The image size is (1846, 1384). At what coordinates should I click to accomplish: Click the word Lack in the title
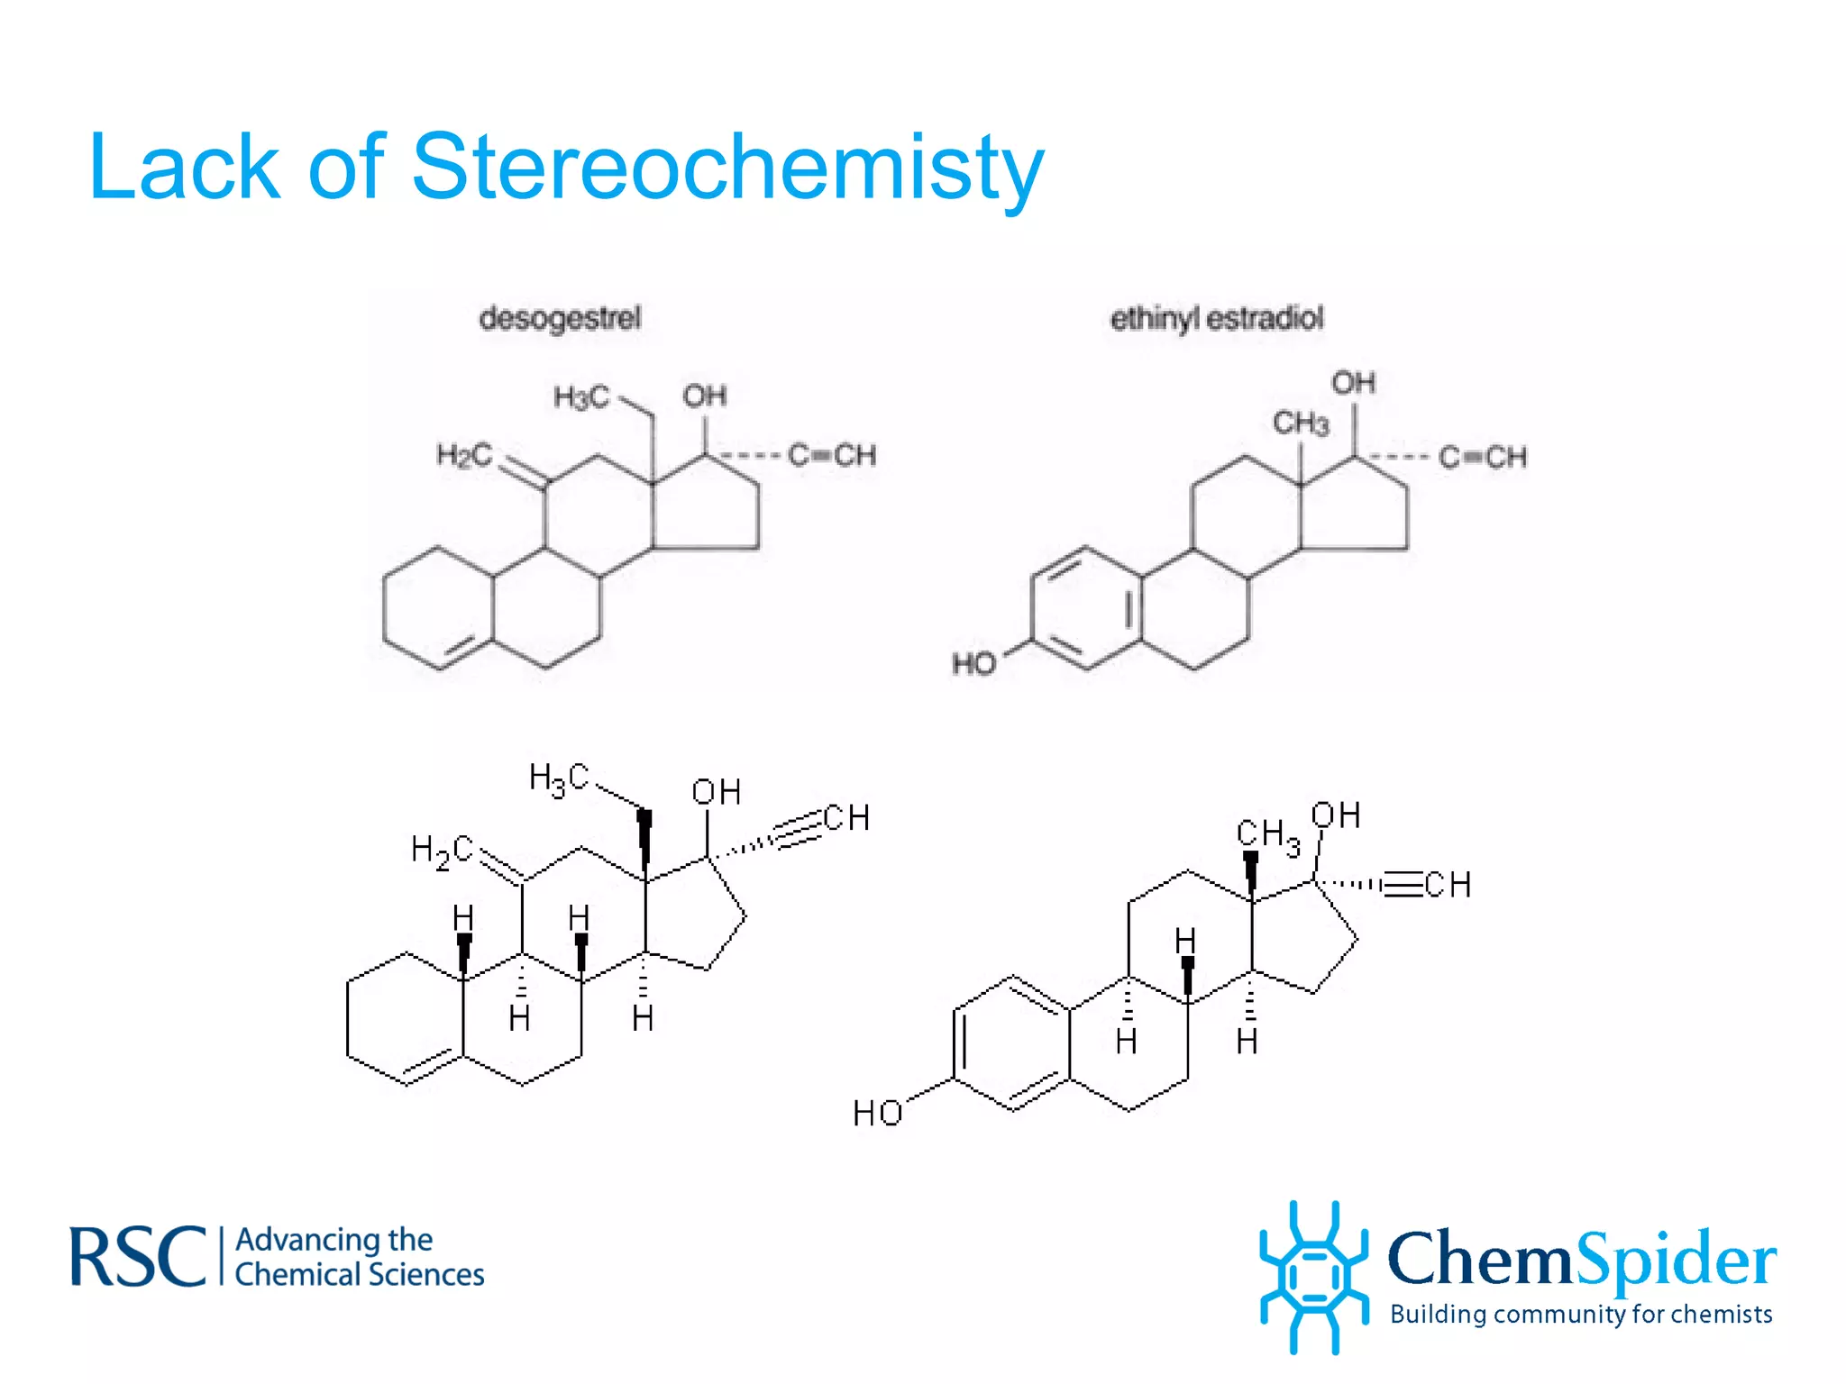(x=184, y=168)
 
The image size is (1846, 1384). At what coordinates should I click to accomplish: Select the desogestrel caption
(x=560, y=318)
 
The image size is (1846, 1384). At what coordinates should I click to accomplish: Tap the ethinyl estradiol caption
(x=1216, y=318)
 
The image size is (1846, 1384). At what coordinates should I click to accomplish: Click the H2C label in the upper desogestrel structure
(x=464, y=455)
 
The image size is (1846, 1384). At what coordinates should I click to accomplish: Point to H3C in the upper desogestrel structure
(x=581, y=396)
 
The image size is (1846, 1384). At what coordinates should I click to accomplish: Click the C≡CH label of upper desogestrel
(x=831, y=455)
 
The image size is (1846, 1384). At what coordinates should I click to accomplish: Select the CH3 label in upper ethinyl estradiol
(x=1301, y=423)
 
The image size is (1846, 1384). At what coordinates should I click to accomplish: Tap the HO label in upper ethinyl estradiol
(x=974, y=664)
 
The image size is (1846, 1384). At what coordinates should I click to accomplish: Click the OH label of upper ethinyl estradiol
(x=1353, y=383)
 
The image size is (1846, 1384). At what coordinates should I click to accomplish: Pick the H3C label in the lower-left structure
(x=559, y=778)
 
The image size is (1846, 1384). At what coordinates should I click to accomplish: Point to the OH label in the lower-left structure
(x=717, y=792)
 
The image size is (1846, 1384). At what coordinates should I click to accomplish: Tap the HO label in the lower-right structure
(x=877, y=1114)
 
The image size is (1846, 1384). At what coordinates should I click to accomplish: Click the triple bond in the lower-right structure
(x=1403, y=885)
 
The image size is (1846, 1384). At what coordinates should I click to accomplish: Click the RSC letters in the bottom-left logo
(x=137, y=1256)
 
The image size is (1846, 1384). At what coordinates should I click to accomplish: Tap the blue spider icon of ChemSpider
(x=1312, y=1275)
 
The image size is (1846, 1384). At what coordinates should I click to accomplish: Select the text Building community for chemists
(x=1581, y=1315)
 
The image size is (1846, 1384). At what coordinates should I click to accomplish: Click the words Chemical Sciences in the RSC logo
(x=360, y=1275)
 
